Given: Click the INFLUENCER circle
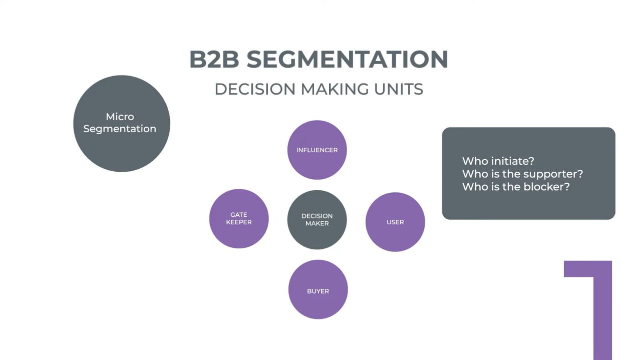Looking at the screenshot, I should [317, 150].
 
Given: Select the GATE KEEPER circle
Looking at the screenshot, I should [239, 218].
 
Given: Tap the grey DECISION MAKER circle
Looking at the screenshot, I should [317, 219].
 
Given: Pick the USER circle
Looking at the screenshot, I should [395, 222].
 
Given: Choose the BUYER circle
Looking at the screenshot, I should [318, 290].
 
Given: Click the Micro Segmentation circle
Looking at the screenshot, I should [122, 124].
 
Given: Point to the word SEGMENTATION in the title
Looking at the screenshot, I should [347, 60].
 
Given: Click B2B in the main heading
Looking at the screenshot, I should [214, 60].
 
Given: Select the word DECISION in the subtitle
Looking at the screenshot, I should [255, 89].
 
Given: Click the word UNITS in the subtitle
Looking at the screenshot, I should [399, 89].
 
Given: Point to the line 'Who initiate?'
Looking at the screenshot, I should [498, 161].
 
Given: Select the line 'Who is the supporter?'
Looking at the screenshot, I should [522, 174].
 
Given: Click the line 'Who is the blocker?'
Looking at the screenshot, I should [516, 187].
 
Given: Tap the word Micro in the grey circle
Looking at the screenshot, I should [120, 117].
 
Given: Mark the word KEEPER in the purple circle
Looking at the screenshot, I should [239, 222].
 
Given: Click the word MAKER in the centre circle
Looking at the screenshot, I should [317, 223].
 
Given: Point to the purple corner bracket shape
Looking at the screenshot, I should [601, 300].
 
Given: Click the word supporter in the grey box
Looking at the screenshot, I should [553, 174].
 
